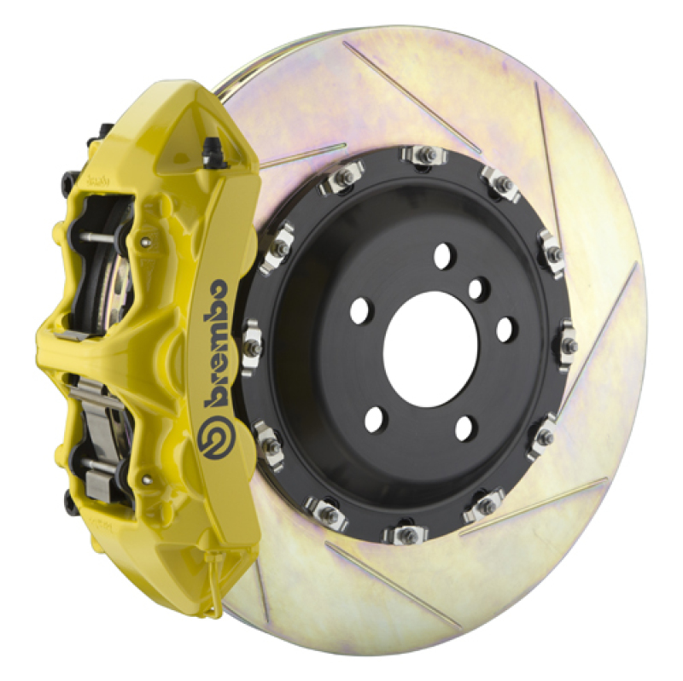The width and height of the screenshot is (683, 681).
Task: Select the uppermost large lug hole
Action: point(444,254)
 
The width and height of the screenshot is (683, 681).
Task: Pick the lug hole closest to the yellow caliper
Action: point(359,310)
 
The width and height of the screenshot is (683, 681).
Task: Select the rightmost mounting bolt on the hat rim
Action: point(568,346)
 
